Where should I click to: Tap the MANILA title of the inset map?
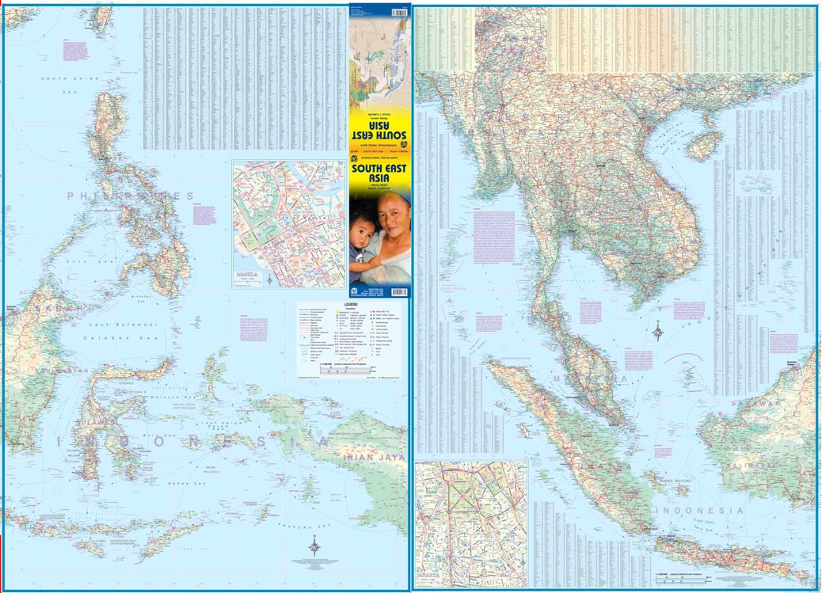246,276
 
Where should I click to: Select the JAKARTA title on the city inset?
428,583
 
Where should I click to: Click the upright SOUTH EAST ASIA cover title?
380,173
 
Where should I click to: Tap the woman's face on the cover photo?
392,215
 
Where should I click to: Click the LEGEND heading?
352,304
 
